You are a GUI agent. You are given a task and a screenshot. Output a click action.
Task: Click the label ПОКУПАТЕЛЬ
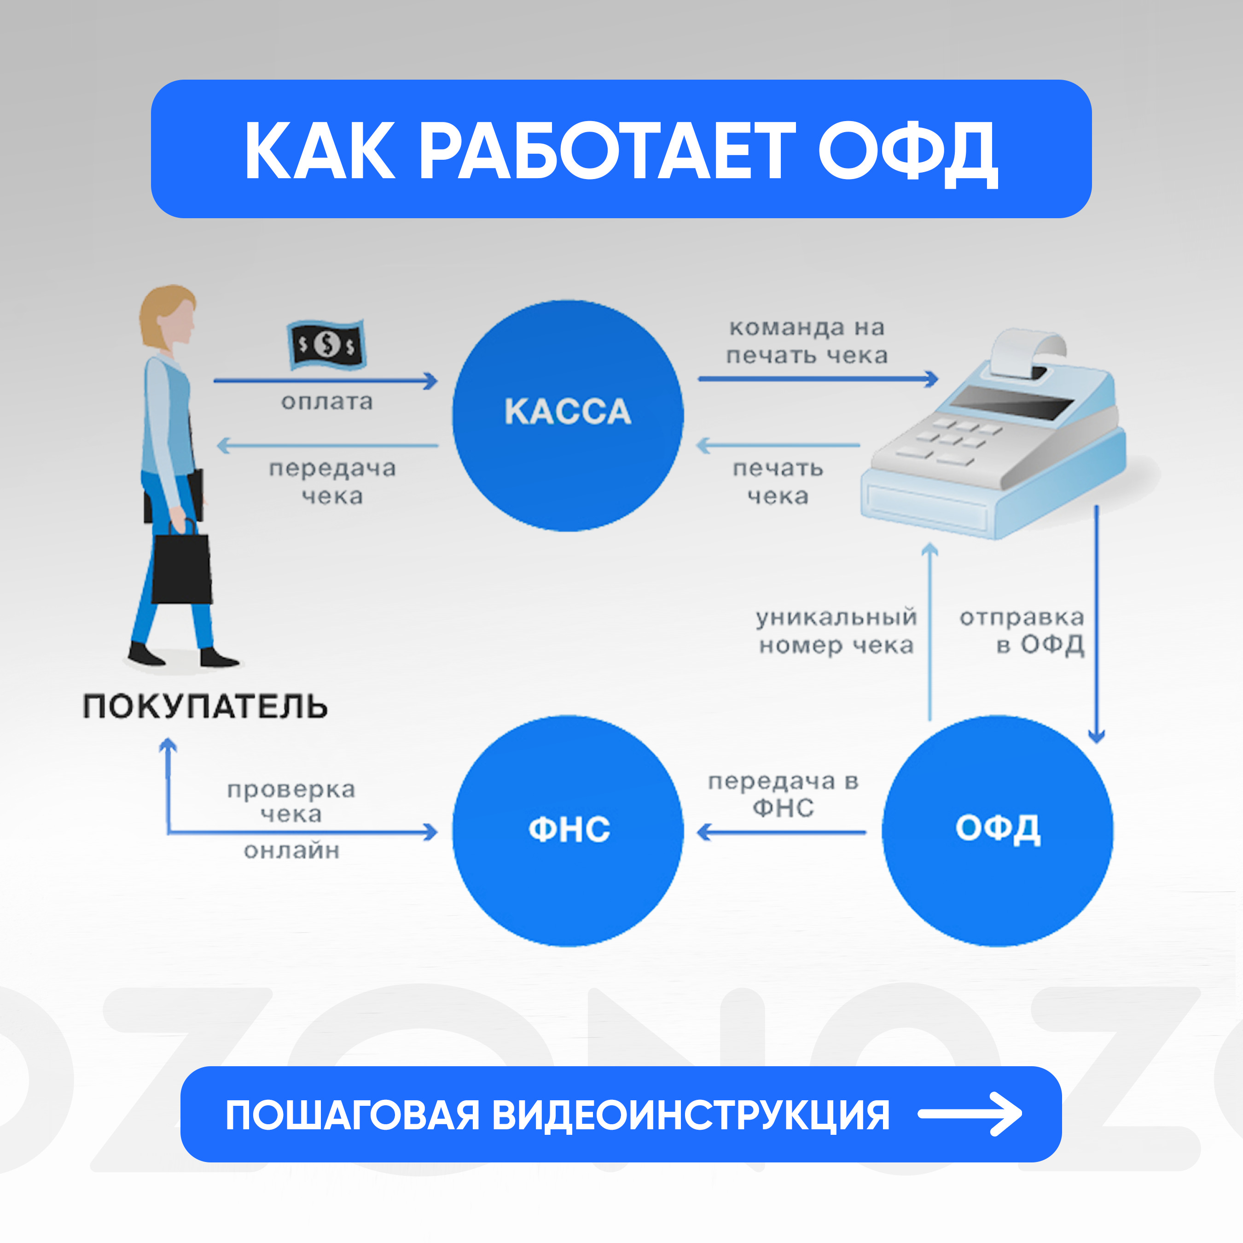205,706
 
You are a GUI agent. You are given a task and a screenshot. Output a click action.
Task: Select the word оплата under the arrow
327,402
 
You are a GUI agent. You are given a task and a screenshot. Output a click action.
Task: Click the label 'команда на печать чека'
807,342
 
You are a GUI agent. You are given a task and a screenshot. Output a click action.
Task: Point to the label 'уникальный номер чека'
836,631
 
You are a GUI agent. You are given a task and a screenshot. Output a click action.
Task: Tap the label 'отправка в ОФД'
1022,631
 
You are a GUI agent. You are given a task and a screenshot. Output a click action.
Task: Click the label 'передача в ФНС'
783,795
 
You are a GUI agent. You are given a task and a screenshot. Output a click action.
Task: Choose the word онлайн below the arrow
291,851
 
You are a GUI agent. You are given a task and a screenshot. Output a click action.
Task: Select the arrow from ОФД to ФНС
781,832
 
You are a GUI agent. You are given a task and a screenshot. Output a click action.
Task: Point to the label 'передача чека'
332,482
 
